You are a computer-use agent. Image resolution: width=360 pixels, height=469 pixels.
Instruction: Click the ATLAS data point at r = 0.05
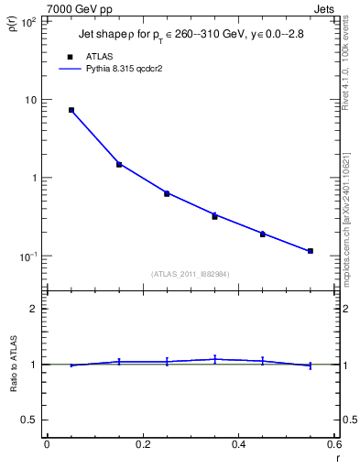(71, 110)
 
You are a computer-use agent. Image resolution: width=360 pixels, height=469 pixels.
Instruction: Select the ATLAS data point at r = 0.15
(119, 165)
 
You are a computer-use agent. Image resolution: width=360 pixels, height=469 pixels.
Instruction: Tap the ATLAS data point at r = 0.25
(167, 193)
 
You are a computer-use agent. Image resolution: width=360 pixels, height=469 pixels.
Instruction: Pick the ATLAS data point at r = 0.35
(214, 216)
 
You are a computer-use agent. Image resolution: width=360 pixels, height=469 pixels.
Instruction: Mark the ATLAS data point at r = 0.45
(263, 234)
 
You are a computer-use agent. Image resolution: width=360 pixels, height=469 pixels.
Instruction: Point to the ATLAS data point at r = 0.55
(311, 251)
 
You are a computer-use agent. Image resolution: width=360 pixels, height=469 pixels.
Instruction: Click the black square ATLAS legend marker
(71, 56)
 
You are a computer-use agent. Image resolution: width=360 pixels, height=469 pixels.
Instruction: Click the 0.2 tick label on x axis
(142, 444)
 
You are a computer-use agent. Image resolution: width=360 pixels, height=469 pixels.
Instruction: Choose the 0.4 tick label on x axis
(238, 444)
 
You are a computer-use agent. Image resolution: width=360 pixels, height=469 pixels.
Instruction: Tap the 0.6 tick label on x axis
(333, 444)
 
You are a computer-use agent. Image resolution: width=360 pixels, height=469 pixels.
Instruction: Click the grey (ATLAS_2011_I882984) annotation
(191, 274)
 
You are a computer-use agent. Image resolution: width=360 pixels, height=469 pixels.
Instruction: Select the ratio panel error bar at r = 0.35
(214, 359)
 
